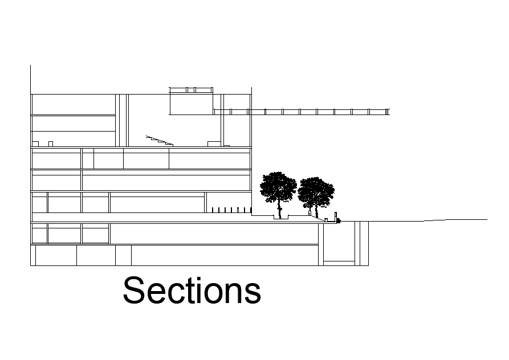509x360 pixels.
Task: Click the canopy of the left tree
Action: click(x=279, y=186)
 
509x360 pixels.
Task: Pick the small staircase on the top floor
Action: click(x=160, y=140)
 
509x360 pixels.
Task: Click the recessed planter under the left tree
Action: click(x=282, y=217)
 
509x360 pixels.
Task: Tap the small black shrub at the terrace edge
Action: click(x=338, y=220)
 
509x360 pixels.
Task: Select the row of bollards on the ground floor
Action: click(x=229, y=210)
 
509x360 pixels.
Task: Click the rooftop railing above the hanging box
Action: click(x=191, y=90)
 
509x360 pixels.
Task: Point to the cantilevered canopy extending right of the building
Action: click(x=319, y=112)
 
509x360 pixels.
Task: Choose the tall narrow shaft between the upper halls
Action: click(x=121, y=120)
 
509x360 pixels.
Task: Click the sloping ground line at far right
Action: click(x=456, y=220)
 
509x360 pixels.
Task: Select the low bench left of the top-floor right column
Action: click(x=214, y=144)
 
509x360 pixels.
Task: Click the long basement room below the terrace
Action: click(x=214, y=234)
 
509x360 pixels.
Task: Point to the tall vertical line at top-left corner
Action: click(x=30, y=79)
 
